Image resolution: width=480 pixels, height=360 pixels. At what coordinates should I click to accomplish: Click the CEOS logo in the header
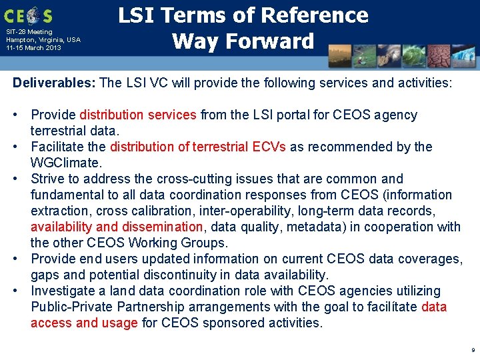pyautogui.click(x=28, y=15)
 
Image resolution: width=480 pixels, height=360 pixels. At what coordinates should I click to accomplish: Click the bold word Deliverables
pyautogui.click(x=55, y=83)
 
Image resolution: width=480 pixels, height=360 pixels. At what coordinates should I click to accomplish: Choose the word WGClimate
pyautogui.click(x=65, y=163)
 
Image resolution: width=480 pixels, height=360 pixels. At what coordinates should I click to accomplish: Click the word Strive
pyautogui.click(x=47, y=179)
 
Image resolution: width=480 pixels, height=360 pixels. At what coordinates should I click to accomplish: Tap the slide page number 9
pyautogui.click(x=473, y=350)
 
